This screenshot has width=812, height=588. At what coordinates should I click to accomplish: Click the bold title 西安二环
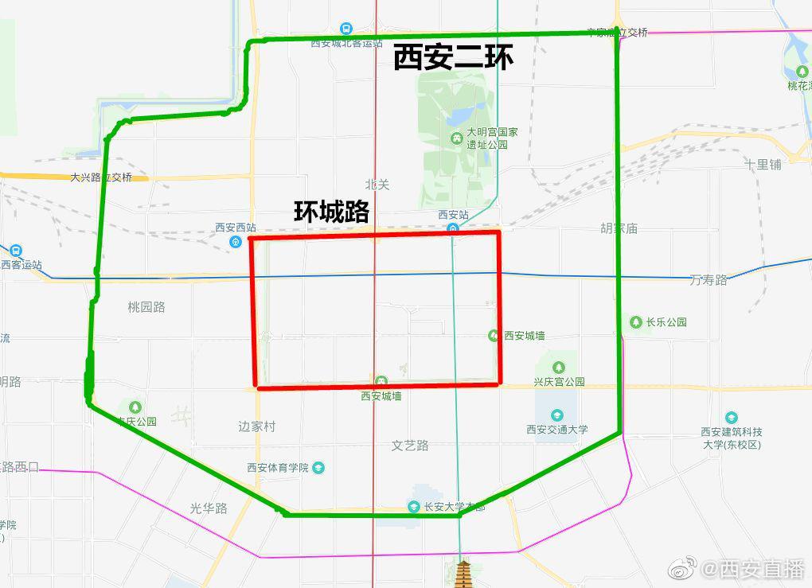[453, 57]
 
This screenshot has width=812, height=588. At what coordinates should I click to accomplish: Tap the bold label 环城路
[331, 211]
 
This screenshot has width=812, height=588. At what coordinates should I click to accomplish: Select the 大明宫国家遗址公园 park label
[492, 138]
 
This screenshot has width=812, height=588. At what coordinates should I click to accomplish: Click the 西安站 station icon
[453, 229]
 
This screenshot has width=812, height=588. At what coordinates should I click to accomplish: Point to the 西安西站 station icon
[236, 242]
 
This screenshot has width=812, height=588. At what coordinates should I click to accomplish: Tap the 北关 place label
[377, 185]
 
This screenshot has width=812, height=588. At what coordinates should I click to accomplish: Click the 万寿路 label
[709, 279]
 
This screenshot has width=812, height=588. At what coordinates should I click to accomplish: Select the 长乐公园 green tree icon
[635, 322]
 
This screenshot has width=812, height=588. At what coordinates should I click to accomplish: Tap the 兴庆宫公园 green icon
[559, 367]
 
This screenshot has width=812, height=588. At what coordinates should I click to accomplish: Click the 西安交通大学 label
[557, 430]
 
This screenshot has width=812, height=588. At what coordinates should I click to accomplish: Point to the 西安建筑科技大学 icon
[731, 418]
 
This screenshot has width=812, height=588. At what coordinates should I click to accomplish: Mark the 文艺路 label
[410, 446]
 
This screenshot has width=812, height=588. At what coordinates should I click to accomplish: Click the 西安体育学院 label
[278, 467]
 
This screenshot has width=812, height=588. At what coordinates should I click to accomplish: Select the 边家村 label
[256, 426]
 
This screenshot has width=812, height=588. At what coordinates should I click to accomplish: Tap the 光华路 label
[209, 508]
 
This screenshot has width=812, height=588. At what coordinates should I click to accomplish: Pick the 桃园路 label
[146, 306]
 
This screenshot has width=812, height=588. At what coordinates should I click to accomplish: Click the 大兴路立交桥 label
[101, 177]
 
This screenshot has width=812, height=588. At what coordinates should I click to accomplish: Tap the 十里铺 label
[763, 164]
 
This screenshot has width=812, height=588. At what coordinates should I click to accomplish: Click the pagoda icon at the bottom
[463, 572]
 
